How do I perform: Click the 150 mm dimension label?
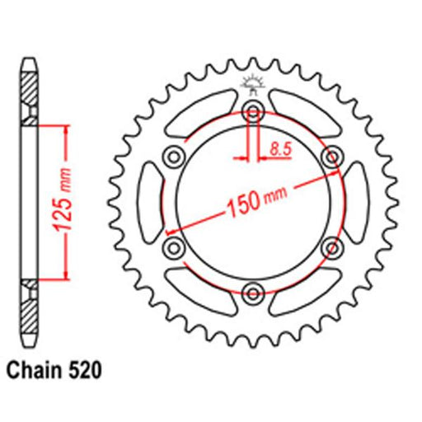click(257, 202)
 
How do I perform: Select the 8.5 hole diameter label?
click(280, 149)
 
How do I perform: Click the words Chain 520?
click(54, 371)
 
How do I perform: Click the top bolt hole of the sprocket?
click(253, 111)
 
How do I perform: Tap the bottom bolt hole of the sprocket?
click(253, 293)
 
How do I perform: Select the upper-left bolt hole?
click(174, 157)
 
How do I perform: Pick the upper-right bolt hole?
click(332, 157)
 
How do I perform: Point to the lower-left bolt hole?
click(174, 248)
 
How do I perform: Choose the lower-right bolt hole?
click(332, 248)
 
